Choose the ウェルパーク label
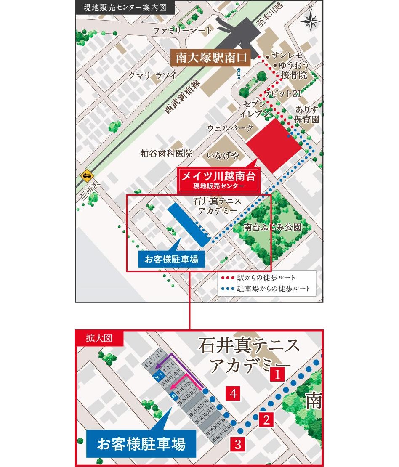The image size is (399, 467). click(x=230, y=127)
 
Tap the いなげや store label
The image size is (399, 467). click(x=223, y=156)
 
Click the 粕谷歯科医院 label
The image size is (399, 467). click(x=166, y=154)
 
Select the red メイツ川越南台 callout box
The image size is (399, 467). click(x=218, y=179)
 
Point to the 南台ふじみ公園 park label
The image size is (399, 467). click(x=273, y=228)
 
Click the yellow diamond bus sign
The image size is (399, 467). click(x=87, y=175)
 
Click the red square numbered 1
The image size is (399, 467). click(x=277, y=374)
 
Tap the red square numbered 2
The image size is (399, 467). click(x=266, y=419)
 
